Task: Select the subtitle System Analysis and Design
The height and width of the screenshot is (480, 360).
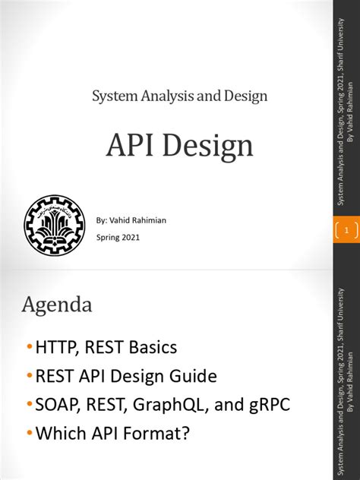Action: [179, 96]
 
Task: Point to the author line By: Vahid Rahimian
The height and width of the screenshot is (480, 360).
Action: [131, 220]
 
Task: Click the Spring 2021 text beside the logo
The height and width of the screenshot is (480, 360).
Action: [118, 237]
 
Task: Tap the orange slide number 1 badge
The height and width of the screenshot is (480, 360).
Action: [346, 229]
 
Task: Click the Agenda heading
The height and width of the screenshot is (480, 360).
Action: [58, 305]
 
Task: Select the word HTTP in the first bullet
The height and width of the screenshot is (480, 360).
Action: [57, 348]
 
